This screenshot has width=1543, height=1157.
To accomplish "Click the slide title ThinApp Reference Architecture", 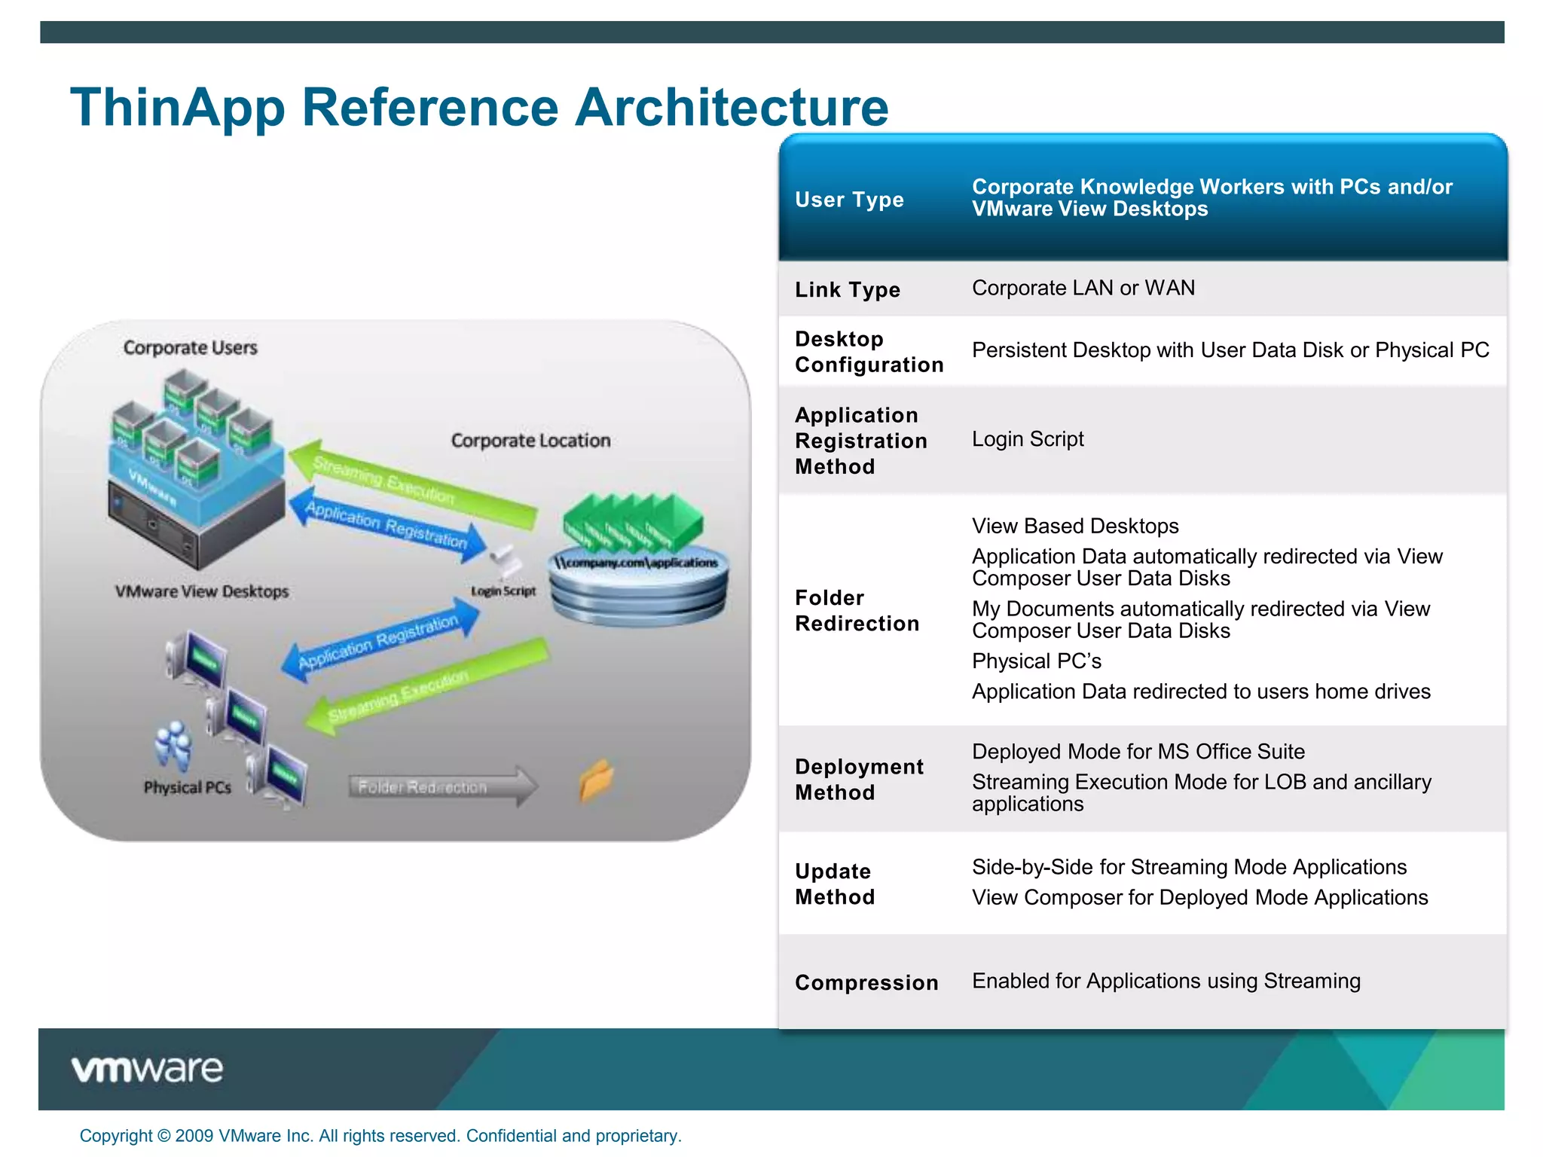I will (479, 107).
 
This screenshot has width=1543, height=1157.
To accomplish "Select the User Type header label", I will (849, 200).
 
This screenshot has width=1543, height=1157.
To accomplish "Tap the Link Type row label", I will (848, 290).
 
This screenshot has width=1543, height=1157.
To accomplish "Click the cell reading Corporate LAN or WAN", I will (1083, 288).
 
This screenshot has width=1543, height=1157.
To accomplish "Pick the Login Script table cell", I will (1027, 439).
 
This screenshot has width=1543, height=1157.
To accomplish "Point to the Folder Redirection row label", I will (857, 611).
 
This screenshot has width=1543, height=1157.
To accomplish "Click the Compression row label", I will (866, 982).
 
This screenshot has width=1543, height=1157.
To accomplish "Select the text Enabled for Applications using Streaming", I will (1166, 981).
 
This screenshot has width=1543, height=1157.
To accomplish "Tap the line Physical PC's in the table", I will (1036, 661).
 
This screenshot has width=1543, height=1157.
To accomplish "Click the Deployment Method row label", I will (858, 780).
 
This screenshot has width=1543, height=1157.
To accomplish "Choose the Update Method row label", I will (835, 884).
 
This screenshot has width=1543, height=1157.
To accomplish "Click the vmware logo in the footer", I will (147, 1070).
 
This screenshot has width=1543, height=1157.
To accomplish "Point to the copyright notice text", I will (380, 1136).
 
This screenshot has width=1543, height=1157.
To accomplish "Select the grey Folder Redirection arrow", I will (442, 787).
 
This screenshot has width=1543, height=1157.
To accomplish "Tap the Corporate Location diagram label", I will (530, 441).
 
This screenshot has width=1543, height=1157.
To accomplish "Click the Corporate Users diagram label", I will (190, 348).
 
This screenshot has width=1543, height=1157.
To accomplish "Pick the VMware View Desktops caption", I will (201, 591).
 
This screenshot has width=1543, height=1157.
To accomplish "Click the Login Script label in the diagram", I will (503, 591).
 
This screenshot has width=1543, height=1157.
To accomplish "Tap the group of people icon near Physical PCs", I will (173, 746).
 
